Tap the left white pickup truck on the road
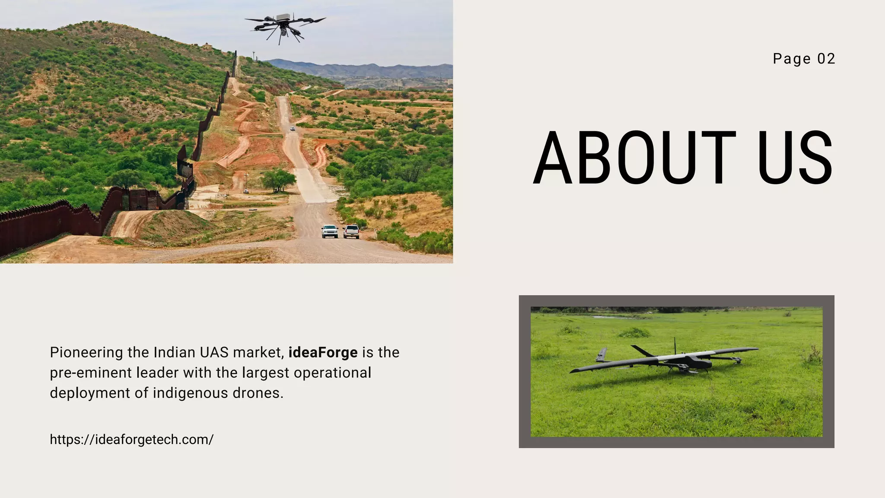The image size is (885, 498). click(x=330, y=231)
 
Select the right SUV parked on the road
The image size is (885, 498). click(x=351, y=231)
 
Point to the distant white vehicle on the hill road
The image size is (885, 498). click(x=293, y=128)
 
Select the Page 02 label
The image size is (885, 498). click(x=804, y=59)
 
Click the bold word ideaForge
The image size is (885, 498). click(x=323, y=352)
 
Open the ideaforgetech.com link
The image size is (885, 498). click(x=131, y=440)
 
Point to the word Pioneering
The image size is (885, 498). click(x=86, y=352)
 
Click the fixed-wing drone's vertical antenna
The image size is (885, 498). click(x=675, y=346)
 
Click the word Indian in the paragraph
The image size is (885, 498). click(x=175, y=352)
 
